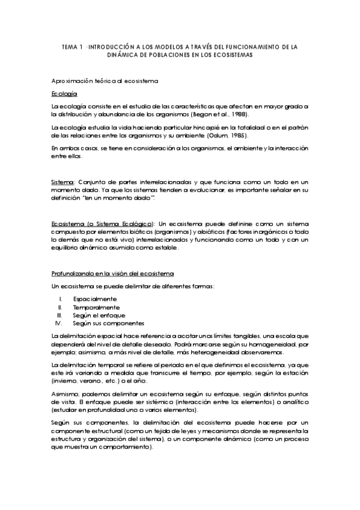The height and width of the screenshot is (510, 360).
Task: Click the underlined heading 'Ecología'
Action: coord(64,94)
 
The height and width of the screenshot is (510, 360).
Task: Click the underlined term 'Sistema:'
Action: coord(63,182)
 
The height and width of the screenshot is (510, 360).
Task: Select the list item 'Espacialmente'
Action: coord(95,299)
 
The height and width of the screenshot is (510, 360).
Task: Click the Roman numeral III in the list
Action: coord(59,315)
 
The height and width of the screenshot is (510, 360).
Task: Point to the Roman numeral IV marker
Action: coord(59,322)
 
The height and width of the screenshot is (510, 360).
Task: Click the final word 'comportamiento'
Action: coord(124,447)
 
